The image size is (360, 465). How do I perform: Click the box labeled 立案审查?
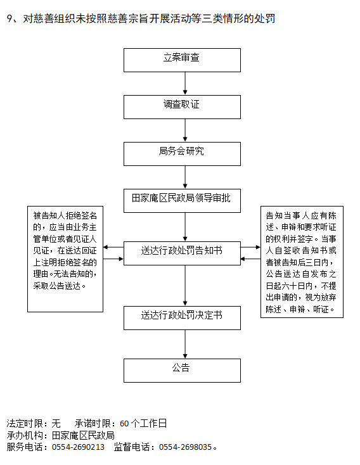(x=182, y=60)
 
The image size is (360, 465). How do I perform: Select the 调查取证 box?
(x=182, y=107)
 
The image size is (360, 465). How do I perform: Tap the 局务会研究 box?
(x=182, y=154)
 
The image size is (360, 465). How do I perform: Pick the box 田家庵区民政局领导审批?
(x=182, y=201)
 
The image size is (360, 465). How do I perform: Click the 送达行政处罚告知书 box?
(x=182, y=253)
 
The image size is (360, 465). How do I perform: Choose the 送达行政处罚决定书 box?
(x=182, y=318)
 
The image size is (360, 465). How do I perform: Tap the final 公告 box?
(x=182, y=371)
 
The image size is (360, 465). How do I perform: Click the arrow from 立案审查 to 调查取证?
(x=185, y=84)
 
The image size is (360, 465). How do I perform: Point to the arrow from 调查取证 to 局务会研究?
(x=185, y=131)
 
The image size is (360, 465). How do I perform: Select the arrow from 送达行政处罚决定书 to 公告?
(x=185, y=344)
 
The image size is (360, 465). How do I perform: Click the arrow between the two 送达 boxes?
(x=185, y=285)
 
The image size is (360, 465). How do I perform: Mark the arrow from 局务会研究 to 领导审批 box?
(x=185, y=177)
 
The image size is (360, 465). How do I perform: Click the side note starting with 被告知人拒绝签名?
(x=65, y=259)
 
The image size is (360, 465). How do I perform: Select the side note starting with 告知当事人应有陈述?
(x=302, y=262)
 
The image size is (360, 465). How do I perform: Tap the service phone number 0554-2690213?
(x=78, y=447)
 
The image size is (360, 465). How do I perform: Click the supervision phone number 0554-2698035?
(x=185, y=447)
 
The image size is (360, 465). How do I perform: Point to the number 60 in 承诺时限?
(x=124, y=423)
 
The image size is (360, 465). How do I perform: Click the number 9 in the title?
(x=10, y=18)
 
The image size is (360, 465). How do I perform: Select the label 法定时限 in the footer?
(x=25, y=423)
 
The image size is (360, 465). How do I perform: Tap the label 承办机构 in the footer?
(x=25, y=435)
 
